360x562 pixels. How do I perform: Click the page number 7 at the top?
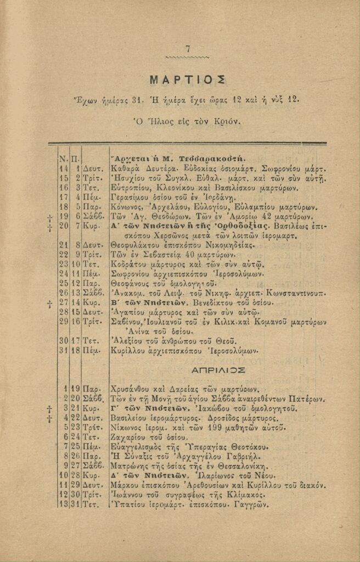pyautogui.click(x=188, y=49)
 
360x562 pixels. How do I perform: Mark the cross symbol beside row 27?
pyautogui.click(x=50, y=303)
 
